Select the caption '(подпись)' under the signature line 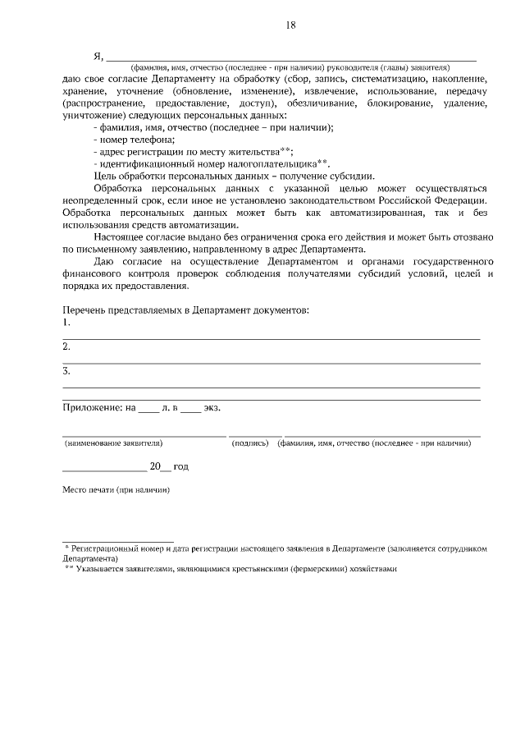pos(251,443)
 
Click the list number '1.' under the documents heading pos(66,323)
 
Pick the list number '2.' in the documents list pos(66,347)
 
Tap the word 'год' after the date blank pos(180,466)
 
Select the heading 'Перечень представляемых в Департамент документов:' pos(186,310)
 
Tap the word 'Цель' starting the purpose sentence pos(105,176)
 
